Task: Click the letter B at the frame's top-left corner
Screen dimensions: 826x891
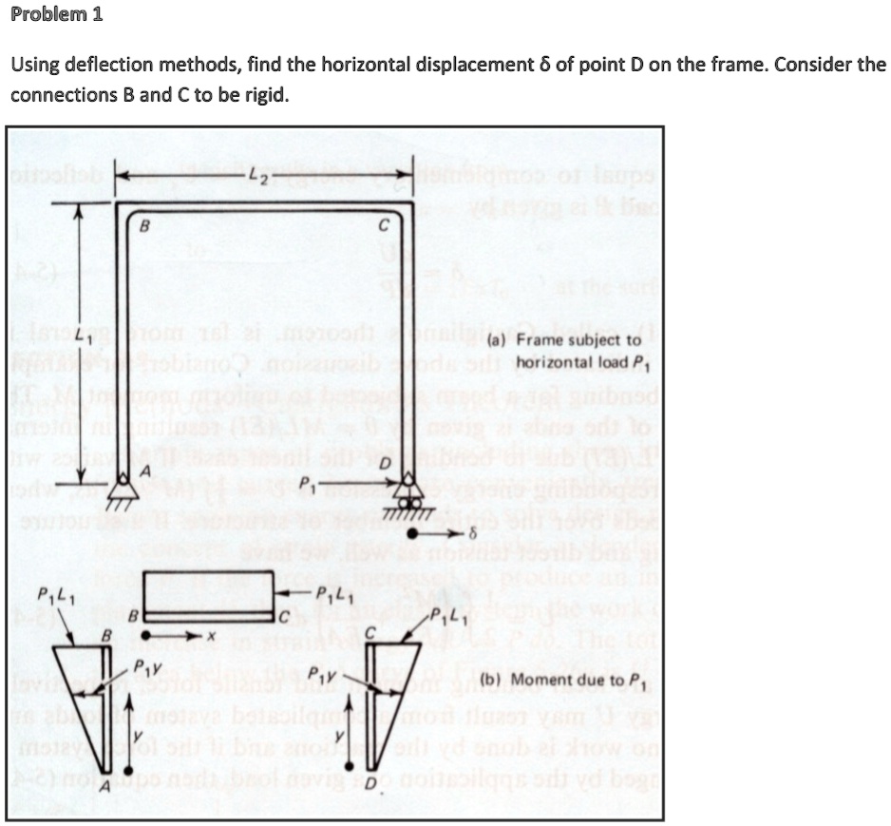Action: click(144, 227)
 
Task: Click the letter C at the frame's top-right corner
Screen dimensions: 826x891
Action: click(381, 227)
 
